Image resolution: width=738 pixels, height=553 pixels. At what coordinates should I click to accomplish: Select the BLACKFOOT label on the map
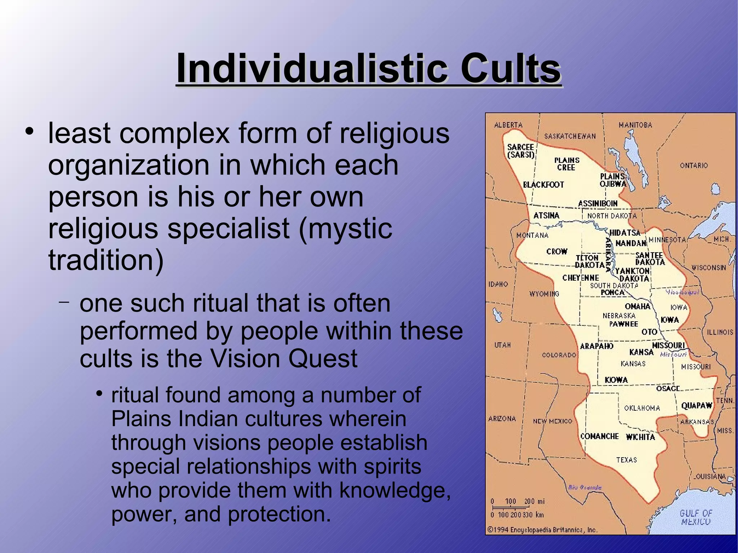543,185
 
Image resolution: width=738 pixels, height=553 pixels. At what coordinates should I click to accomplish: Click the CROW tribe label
557,251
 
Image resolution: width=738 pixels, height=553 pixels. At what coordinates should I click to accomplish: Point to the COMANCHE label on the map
599,436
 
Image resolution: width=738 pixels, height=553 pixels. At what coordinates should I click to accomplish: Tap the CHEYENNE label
581,278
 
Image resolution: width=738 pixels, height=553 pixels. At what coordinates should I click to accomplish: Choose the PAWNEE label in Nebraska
623,324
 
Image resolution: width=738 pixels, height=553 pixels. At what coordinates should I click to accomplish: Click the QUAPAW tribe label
697,406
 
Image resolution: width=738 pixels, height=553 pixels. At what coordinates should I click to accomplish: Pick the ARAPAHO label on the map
596,346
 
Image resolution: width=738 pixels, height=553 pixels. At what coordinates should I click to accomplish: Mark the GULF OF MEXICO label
696,517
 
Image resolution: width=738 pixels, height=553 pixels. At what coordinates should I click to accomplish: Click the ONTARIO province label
694,165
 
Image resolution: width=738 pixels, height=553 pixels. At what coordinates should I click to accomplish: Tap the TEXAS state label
626,460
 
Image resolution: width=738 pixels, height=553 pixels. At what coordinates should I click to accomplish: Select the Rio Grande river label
584,487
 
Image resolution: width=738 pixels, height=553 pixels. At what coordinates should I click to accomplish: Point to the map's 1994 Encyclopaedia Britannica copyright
542,530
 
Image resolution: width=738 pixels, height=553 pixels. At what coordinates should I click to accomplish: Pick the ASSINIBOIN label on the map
597,204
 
